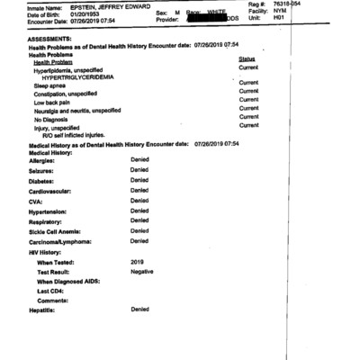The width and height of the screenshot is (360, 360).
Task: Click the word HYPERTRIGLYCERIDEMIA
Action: point(96,77)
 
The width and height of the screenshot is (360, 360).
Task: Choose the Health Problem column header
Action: point(55,62)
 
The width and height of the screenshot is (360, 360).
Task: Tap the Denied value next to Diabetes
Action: point(139,180)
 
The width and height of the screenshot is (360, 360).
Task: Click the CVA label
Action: point(39,201)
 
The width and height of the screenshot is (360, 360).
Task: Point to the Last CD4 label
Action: point(53,291)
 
